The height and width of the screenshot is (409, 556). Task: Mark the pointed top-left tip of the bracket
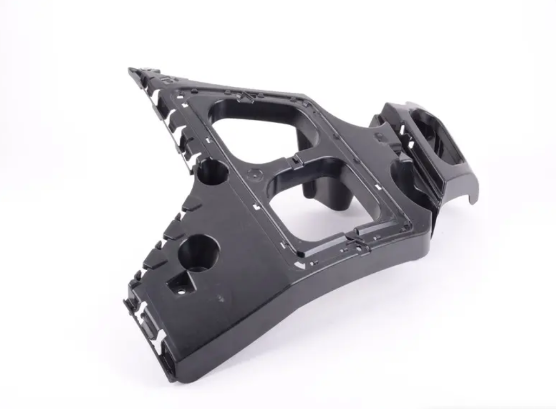(132, 71)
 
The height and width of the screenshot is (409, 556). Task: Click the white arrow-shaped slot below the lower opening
(299, 264)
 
